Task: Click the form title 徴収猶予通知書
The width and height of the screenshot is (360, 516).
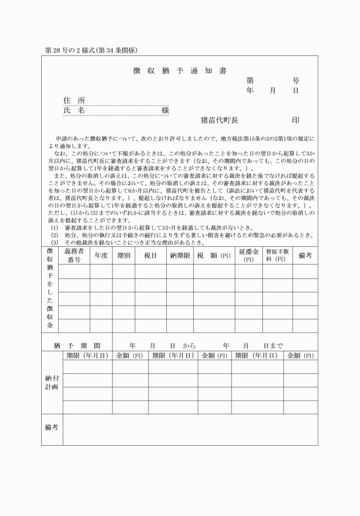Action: coord(175,71)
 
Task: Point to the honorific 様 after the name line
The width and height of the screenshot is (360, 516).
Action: coord(165,110)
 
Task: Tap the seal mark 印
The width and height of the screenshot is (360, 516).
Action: coord(295,121)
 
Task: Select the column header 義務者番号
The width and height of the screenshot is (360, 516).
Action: coord(74,255)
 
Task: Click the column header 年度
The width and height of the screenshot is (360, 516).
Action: coord(101,255)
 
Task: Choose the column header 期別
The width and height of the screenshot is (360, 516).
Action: coord(123,255)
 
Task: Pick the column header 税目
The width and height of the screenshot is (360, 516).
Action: coord(150,255)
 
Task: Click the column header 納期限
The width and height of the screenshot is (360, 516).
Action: coord(179,255)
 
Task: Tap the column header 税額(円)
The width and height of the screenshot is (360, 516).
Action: coord(213,255)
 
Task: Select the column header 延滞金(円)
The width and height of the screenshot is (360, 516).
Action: coord(249,255)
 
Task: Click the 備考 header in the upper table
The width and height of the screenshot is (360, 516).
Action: coord(305,255)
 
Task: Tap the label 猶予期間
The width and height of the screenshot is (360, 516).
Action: coord(77,346)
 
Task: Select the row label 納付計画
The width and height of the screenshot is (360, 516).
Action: coord(52,382)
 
